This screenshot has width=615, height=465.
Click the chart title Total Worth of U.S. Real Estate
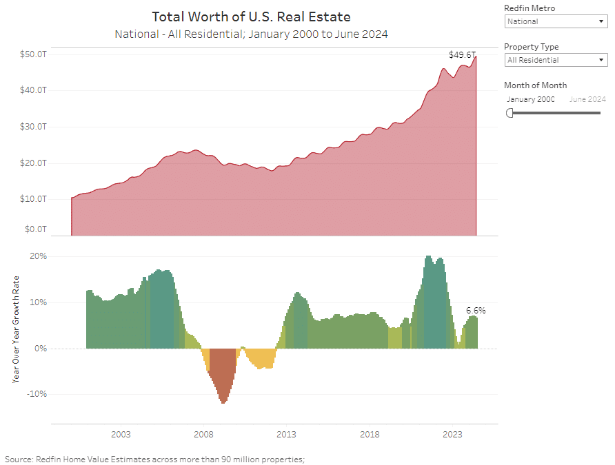(251, 17)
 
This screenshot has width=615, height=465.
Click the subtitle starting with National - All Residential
(251, 33)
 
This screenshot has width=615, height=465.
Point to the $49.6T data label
(461, 54)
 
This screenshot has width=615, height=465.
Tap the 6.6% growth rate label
(476, 311)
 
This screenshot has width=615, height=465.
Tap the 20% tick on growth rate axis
(37, 256)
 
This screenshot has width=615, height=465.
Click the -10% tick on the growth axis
(36, 395)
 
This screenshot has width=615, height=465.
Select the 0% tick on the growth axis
(39, 349)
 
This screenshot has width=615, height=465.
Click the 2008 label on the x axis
(203, 435)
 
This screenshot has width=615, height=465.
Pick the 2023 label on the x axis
(452, 435)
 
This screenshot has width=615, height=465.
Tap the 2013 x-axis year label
(286, 435)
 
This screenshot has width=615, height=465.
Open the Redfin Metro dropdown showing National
(555, 21)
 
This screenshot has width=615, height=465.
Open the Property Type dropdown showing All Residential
(555, 60)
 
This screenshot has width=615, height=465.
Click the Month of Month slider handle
(510, 113)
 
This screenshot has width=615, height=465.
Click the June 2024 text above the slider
(587, 99)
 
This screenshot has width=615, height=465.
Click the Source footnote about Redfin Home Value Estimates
(154, 459)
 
